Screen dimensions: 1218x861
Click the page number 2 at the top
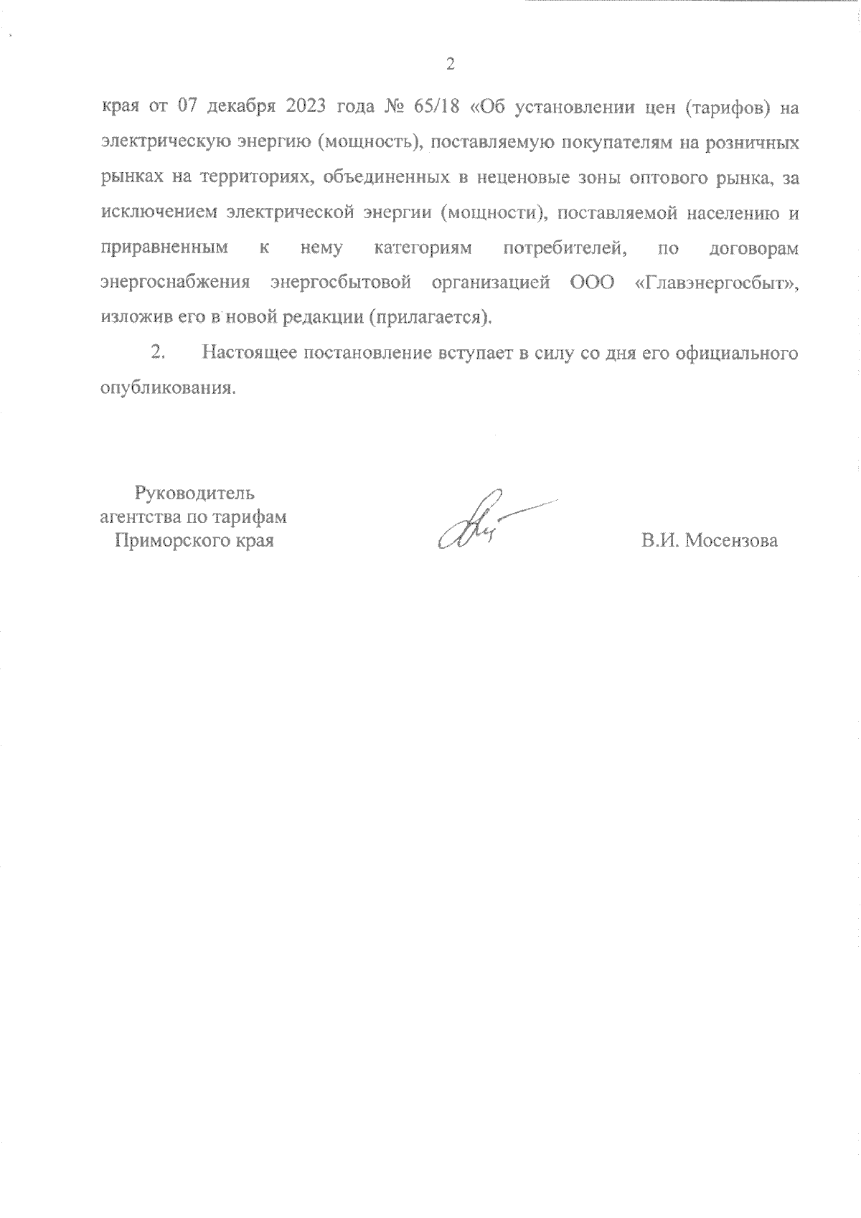point(450,65)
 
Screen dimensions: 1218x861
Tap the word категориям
point(423,249)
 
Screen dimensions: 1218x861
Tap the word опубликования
point(168,388)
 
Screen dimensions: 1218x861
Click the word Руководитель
point(194,494)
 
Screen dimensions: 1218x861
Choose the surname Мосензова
point(731,541)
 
